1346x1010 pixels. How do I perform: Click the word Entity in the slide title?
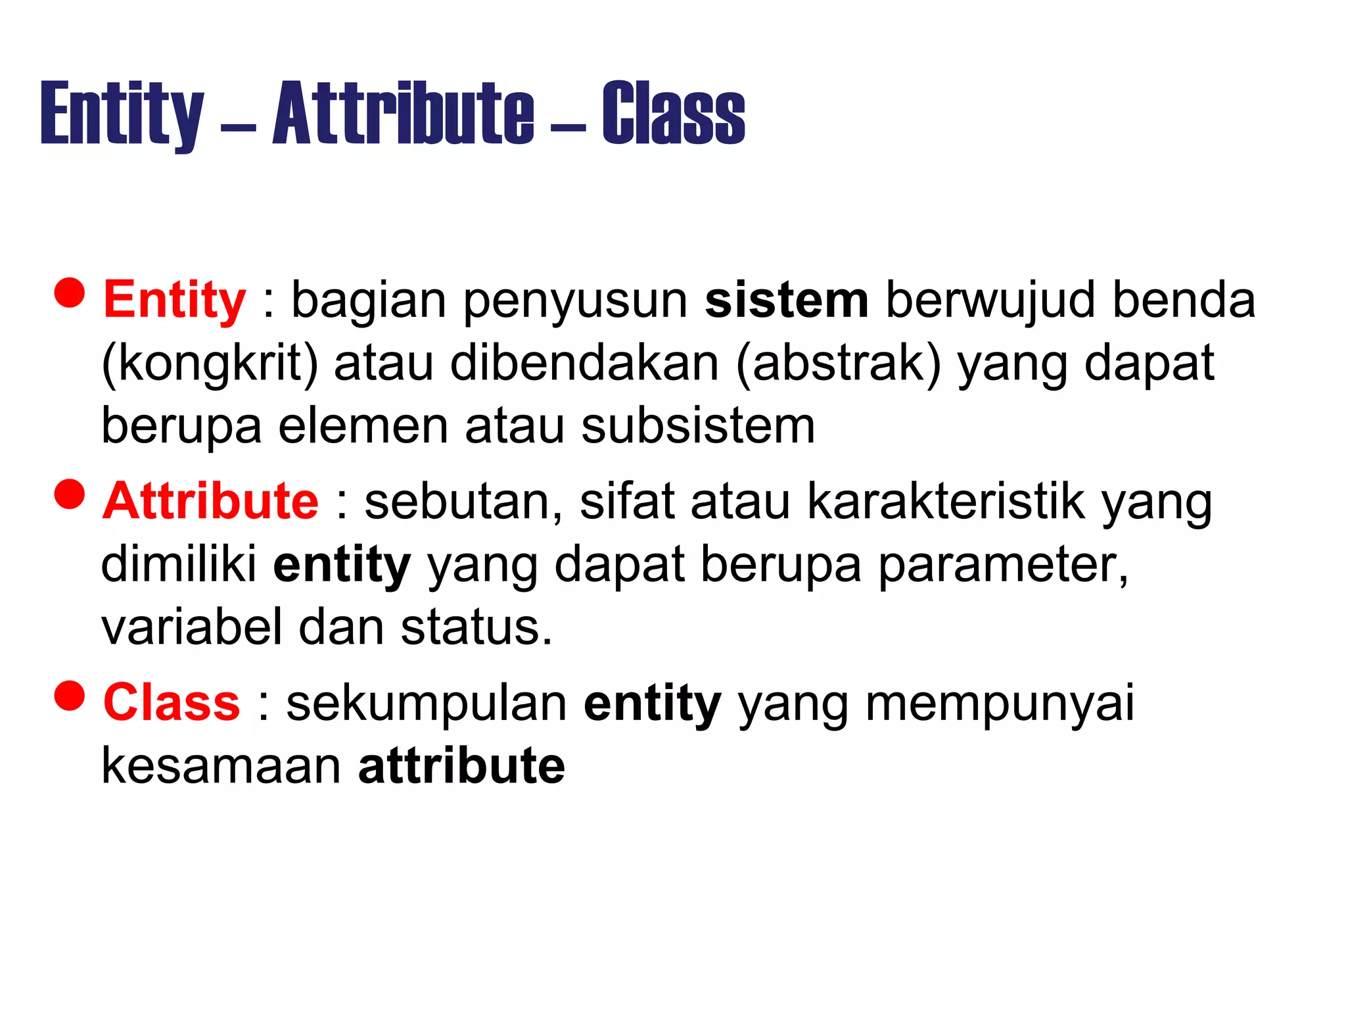(x=122, y=113)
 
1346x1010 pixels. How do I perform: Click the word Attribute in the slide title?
(x=404, y=113)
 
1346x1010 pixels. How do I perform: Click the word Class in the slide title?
(x=673, y=113)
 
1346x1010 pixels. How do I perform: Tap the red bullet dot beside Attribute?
(x=70, y=494)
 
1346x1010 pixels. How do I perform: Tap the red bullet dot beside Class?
(x=70, y=695)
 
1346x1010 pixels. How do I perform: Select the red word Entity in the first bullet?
(x=174, y=301)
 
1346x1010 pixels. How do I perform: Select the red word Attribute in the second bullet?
(x=210, y=501)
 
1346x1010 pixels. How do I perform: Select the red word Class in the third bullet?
(x=172, y=702)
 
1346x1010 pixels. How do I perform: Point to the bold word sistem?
(x=786, y=301)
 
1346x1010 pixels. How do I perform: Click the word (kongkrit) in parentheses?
(x=210, y=364)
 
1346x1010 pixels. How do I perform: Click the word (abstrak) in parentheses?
(x=838, y=364)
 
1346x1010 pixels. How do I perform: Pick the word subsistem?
(x=697, y=426)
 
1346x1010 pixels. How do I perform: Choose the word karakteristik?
(x=946, y=501)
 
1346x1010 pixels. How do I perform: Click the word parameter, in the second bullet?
(x=1003, y=564)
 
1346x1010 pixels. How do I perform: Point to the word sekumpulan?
(x=427, y=702)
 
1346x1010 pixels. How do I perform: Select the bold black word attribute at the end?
(x=461, y=765)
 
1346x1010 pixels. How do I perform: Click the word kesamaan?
(x=221, y=765)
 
